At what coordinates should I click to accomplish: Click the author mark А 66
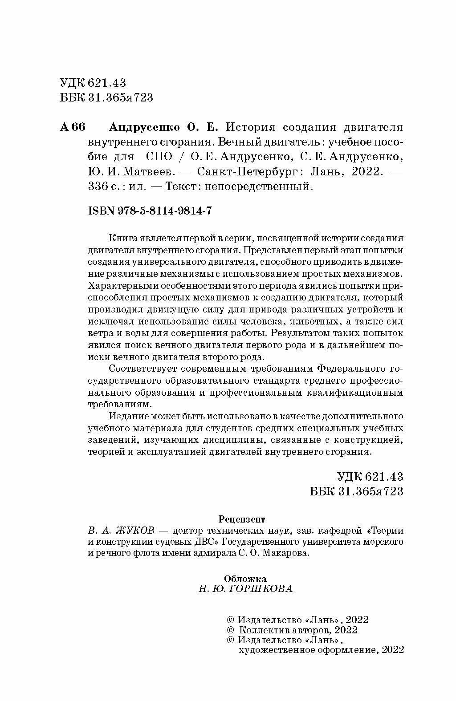[x=72, y=127]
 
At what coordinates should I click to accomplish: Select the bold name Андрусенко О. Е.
[x=163, y=127]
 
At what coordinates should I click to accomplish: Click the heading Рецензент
[x=242, y=519]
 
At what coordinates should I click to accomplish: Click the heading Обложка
[x=245, y=579]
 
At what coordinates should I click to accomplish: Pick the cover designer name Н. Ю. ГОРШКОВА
[x=246, y=589]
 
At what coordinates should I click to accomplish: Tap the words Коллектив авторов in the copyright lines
[x=285, y=630]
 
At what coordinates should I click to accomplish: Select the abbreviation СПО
[x=158, y=157]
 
